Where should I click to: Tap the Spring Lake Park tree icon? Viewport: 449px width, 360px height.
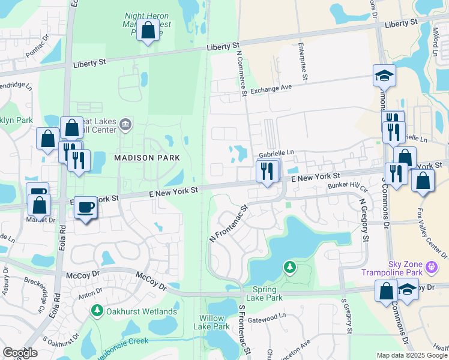click(x=290, y=266)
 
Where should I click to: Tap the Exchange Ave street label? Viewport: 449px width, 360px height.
click(x=271, y=88)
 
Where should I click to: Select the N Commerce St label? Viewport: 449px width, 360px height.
click(x=243, y=72)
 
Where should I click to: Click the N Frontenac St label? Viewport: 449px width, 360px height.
click(x=229, y=224)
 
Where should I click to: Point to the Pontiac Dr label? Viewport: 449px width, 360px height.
click(x=40, y=49)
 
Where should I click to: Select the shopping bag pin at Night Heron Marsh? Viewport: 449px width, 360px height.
click(x=147, y=29)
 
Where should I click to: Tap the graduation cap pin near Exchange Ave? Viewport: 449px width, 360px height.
click(x=384, y=76)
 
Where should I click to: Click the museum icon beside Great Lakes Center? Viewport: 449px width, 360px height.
click(x=125, y=125)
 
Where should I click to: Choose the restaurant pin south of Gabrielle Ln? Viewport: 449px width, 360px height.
click(x=267, y=171)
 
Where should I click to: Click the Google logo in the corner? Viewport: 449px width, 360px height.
click(x=20, y=353)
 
